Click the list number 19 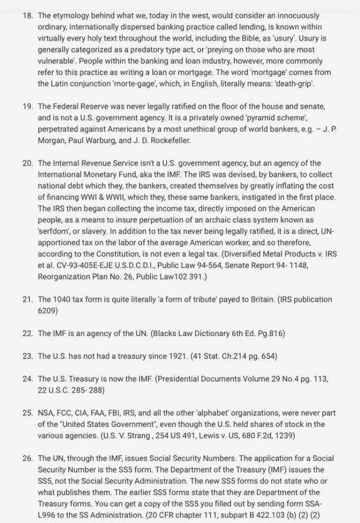[x=28, y=106]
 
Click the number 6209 [x=48, y=310]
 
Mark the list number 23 [x=28, y=356]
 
